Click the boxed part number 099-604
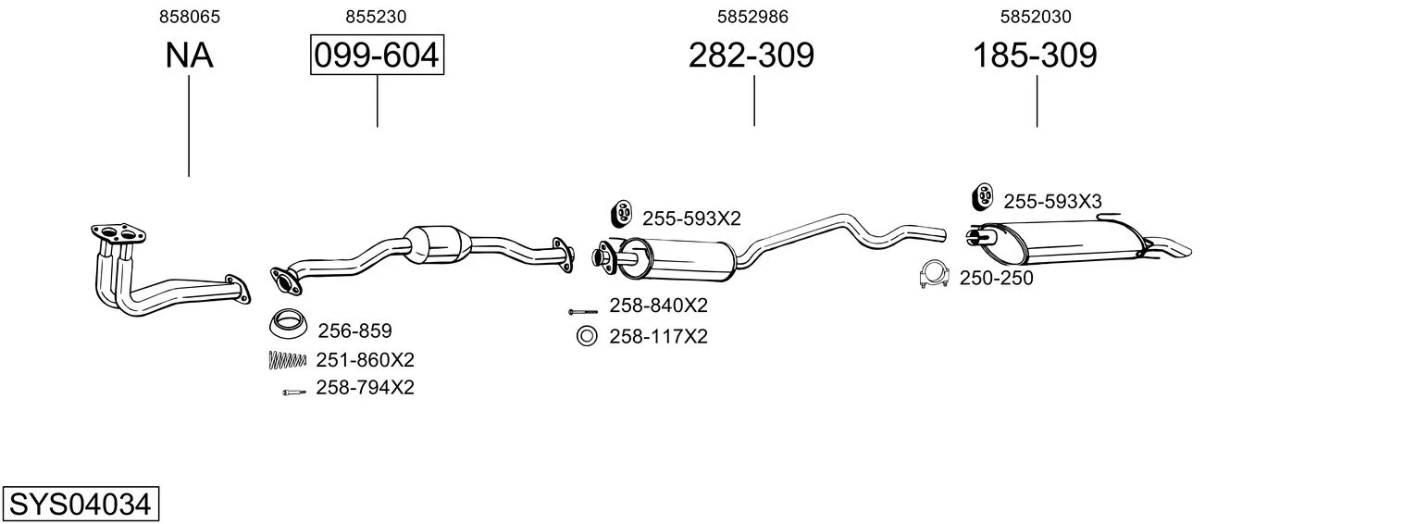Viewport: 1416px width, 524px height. tap(377, 55)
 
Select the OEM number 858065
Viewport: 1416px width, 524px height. tap(189, 17)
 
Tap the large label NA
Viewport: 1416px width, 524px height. tap(189, 55)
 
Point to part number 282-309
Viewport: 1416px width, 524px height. tap(751, 55)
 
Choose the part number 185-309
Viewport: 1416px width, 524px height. tap(1035, 55)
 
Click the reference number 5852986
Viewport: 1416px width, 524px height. tap(752, 17)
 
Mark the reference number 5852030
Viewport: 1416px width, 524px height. tap(1036, 17)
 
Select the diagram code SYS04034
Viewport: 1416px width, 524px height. tap(81, 504)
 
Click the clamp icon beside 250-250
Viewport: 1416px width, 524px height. tap(935, 274)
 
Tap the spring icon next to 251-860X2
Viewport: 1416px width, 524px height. tap(287, 359)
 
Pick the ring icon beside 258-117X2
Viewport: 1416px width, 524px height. tap(587, 336)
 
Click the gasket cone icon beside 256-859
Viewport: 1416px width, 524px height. tap(288, 324)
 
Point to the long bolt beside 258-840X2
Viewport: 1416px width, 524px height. tap(582, 312)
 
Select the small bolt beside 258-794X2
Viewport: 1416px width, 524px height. tap(293, 393)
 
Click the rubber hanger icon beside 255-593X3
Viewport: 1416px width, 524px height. tap(982, 196)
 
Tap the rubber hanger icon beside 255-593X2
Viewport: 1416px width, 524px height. tap(622, 214)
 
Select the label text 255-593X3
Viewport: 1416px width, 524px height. tap(1052, 202)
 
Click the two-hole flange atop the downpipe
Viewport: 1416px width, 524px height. tap(118, 232)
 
